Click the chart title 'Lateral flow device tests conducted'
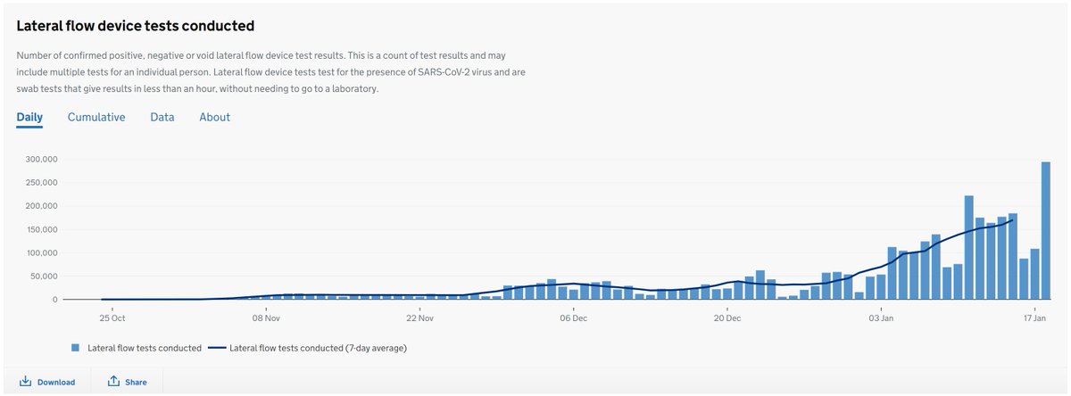coord(135,26)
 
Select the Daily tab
coord(29,117)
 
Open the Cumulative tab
coord(96,117)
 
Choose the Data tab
coord(162,117)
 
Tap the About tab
coord(214,117)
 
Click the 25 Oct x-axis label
coord(112,318)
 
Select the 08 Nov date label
coord(266,318)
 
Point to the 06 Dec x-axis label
coord(573,318)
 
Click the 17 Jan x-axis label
coord(1034,318)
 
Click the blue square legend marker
coord(76,348)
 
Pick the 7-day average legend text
coord(318,348)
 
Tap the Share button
coord(128,382)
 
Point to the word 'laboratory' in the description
coord(354,89)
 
